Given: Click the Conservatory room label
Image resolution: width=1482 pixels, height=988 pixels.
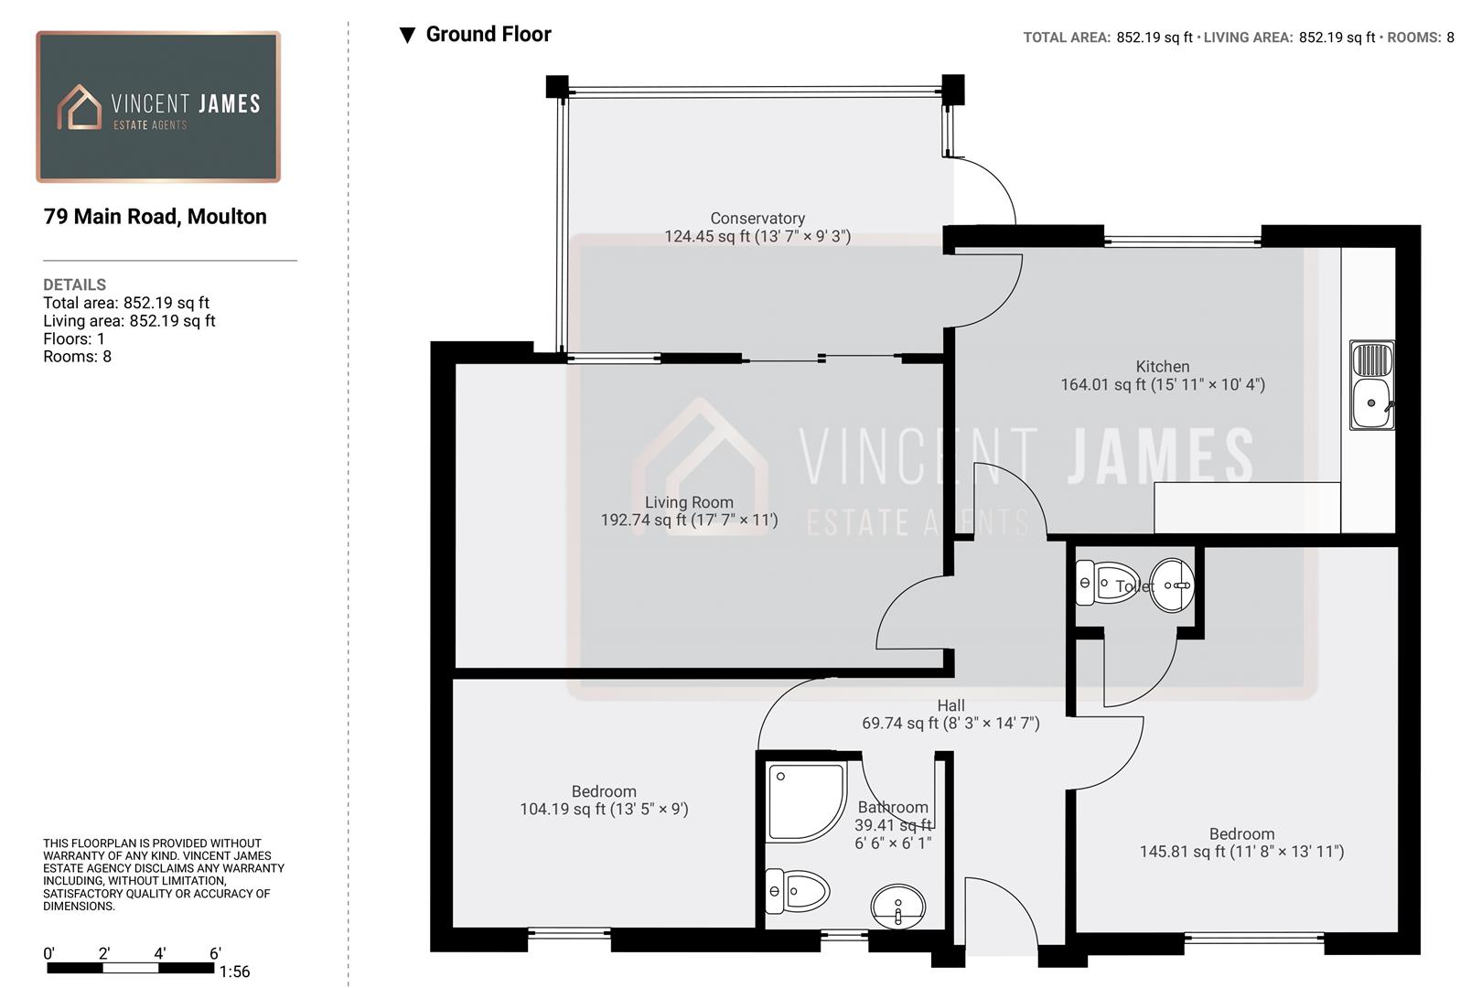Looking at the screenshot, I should point(757,219).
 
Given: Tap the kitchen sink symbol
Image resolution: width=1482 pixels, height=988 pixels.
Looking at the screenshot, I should point(1372,385).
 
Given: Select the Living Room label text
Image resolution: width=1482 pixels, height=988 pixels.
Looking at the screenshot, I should point(689,502).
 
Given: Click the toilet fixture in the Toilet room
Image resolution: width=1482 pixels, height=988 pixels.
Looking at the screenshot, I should point(1106,584).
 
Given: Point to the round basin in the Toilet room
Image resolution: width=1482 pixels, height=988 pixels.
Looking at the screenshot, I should point(1172,585).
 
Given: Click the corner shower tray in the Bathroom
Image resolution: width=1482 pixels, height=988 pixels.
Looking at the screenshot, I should point(805,801).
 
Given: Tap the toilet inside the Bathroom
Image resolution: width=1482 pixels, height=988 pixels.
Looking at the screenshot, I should point(797,891).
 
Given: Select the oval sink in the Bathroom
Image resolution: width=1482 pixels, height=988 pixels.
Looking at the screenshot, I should point(897,906).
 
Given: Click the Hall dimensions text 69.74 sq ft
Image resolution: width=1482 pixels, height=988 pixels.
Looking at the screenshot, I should point(950,724).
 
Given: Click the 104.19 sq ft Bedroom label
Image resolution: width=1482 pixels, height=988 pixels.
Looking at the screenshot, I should point(604,809).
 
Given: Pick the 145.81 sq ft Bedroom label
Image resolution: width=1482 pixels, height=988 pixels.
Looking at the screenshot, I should point(1241,852).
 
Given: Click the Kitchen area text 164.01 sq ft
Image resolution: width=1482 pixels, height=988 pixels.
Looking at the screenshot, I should point(1162,385).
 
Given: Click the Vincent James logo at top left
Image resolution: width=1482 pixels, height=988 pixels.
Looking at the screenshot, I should point(158,107).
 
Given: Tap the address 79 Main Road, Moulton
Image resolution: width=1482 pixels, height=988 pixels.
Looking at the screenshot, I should point(156,217).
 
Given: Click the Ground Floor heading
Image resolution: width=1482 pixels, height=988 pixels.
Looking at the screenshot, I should point(489,35).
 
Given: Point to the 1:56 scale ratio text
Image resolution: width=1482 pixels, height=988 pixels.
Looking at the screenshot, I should point(234,972).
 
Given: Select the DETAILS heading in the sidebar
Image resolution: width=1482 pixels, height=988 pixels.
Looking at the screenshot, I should point(75,285).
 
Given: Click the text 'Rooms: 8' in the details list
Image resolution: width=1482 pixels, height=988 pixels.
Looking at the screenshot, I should point(77,357).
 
